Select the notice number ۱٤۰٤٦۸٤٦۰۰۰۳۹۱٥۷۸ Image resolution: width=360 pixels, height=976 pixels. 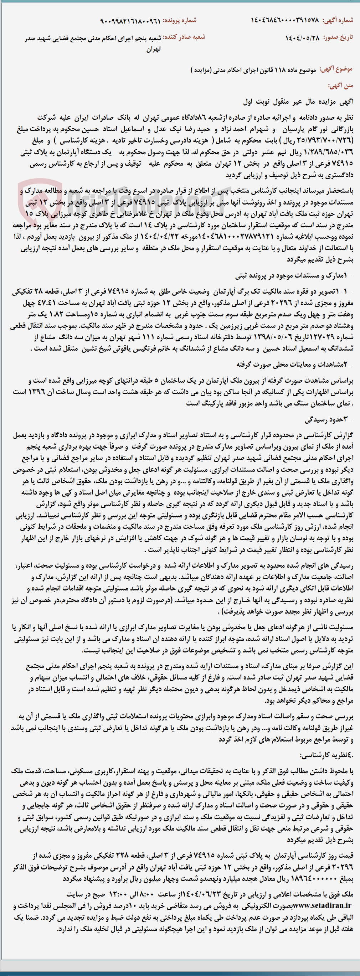(x=285, y=20)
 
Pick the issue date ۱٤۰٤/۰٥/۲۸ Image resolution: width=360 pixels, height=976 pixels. (x=302, y=38)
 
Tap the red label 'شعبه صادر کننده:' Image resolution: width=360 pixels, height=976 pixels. (x=184, y=37)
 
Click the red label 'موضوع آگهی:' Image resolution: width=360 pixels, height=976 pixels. (x=336, y=69)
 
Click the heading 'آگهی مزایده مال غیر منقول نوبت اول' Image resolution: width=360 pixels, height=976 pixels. (x=298, y=102)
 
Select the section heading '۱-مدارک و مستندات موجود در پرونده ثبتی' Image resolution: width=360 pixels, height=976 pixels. (x=293, y=275)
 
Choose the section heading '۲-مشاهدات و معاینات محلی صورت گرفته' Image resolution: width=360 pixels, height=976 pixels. (x=294, y=365)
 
